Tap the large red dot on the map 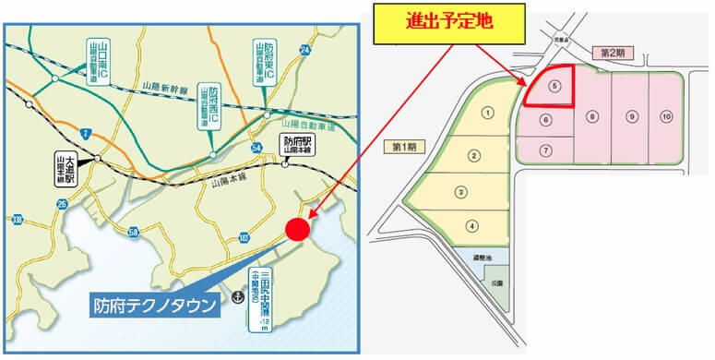coord(297,229)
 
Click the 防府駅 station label coord(298,144)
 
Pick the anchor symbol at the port coord(237,297)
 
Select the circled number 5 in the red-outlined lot coord(554,86)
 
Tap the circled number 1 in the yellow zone coord(485,112)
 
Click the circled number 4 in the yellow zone coord(472,225)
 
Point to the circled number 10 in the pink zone coord(665,116)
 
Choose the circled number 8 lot coord(593,116)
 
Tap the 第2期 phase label coord(614,52)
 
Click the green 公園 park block coord(496,281)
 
